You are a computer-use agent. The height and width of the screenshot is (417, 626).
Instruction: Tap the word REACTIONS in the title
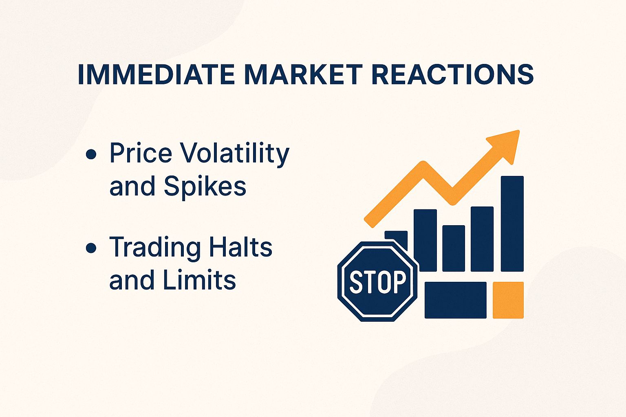coord(453,74)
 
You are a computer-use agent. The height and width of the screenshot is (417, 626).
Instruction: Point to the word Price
coord(141,153)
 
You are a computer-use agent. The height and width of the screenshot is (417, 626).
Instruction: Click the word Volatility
coord(234,153)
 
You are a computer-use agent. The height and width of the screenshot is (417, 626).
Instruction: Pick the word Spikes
coord(205,187)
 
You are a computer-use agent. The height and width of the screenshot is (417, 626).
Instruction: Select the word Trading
coord(155,247)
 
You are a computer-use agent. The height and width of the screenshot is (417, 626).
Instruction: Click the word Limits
coord(199,280)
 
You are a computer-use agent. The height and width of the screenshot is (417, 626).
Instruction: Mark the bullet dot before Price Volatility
coord(91,154)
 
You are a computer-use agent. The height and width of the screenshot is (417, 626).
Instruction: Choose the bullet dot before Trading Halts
coord(91,248)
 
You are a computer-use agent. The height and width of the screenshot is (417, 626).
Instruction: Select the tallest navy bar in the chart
coord(512,224)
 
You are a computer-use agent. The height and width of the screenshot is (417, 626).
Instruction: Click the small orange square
coord(508,300)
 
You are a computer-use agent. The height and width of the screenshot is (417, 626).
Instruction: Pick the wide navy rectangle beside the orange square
coord(455,300)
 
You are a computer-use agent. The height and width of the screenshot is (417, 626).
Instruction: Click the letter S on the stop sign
coord(356,281)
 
